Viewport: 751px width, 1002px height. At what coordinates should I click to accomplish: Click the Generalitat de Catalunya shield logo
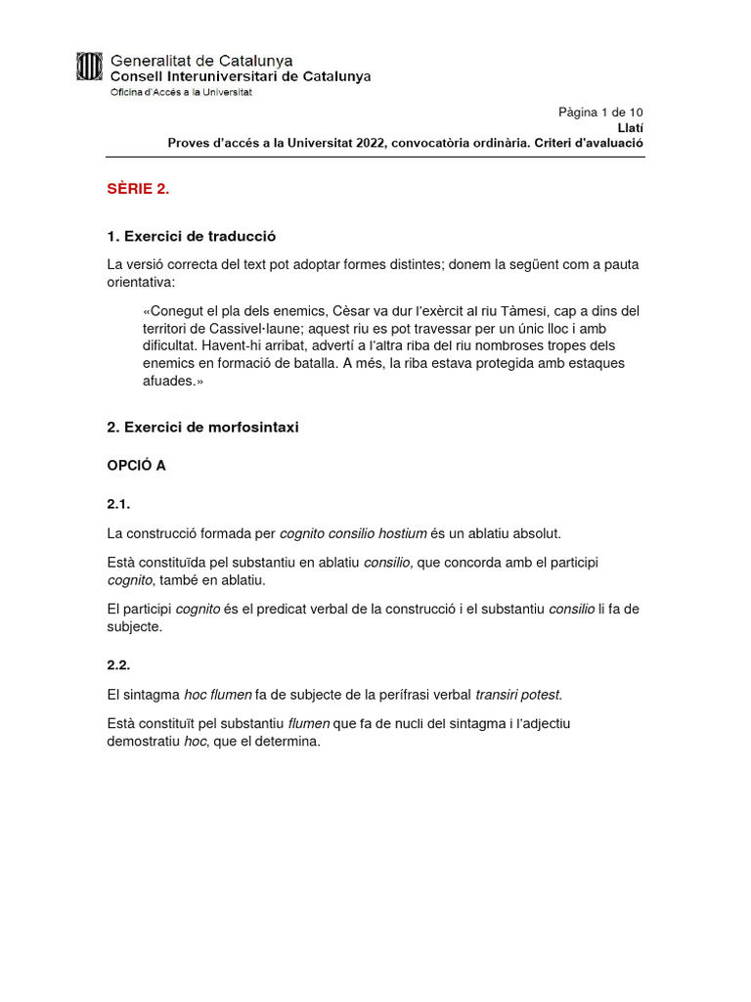(89, 67)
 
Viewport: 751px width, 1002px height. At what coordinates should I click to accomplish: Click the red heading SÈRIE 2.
(138, 190)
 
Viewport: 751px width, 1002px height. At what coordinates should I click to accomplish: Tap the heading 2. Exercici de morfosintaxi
(202, 428)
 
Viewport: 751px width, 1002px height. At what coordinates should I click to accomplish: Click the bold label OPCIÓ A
(136, 466)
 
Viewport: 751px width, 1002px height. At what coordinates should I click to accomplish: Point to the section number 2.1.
(118, 504)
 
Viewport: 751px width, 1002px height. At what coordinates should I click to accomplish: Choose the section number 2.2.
(118, 664)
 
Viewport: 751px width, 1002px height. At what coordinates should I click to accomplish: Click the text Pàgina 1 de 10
(600, 112)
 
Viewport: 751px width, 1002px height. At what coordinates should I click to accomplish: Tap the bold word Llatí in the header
(631, 127)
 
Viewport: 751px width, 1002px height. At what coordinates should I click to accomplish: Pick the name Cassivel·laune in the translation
(257, 329)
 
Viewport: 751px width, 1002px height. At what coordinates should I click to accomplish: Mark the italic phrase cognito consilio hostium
(353, 533)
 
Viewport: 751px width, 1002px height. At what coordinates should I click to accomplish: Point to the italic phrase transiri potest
(518, 695)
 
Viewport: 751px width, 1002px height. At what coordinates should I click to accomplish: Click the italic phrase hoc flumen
(218, 695)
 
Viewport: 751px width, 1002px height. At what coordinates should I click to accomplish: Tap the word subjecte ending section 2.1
(133, 627)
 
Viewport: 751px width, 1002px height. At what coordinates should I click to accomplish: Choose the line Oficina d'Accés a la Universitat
(180, 92)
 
